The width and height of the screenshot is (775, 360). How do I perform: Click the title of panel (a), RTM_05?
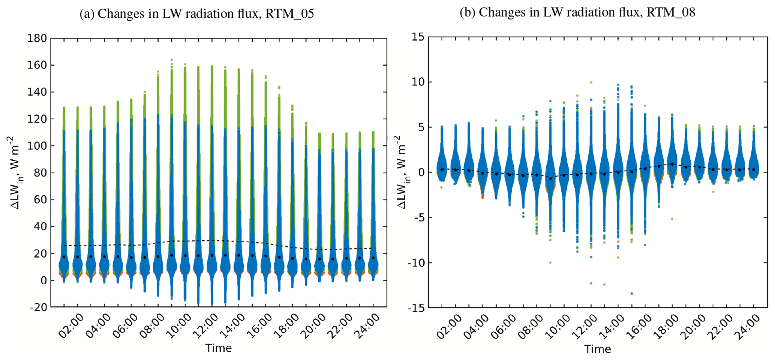click(196, 14)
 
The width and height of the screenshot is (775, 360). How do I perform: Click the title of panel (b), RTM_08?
click(577, 12)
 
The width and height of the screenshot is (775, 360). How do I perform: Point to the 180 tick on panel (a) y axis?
click(37, 38)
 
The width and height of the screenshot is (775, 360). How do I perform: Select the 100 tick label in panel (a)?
click(37, 146)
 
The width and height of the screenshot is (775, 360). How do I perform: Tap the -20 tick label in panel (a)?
click(38, 307)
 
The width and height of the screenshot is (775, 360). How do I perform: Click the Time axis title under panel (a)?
click(218, 348)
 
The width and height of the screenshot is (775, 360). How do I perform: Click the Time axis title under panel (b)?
click(597, 349)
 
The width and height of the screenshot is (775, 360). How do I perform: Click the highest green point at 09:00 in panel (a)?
click(171, 60)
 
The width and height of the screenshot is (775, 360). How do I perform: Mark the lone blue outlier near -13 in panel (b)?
click(632, 294)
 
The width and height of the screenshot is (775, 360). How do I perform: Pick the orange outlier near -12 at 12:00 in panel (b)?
click(591, 283)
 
